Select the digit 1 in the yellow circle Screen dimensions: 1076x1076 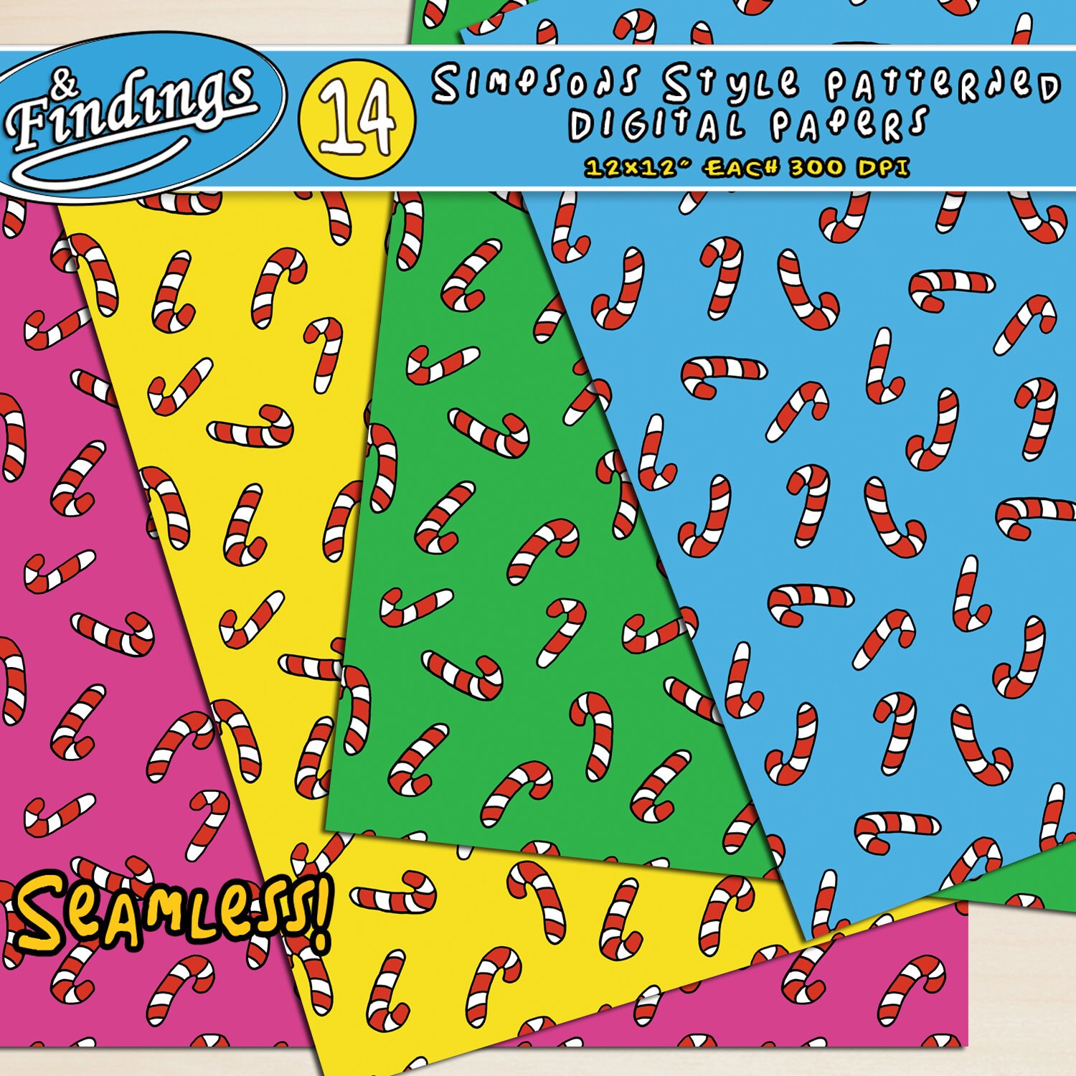click(x=336, y=118)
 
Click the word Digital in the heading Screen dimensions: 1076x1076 click(x=656, y=126)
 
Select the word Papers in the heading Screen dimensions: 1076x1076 click(x=850, y=125)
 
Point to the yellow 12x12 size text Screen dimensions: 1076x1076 click(x=632, y=168)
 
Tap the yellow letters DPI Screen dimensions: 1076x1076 click(x=883, y=168)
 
